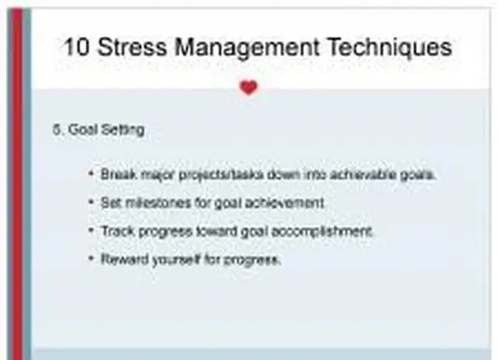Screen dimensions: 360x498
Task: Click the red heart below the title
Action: (x=248, y=88)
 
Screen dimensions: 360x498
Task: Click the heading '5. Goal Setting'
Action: (x=98, y=130)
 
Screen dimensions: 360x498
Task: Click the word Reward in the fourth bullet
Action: (x=121, y=259)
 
